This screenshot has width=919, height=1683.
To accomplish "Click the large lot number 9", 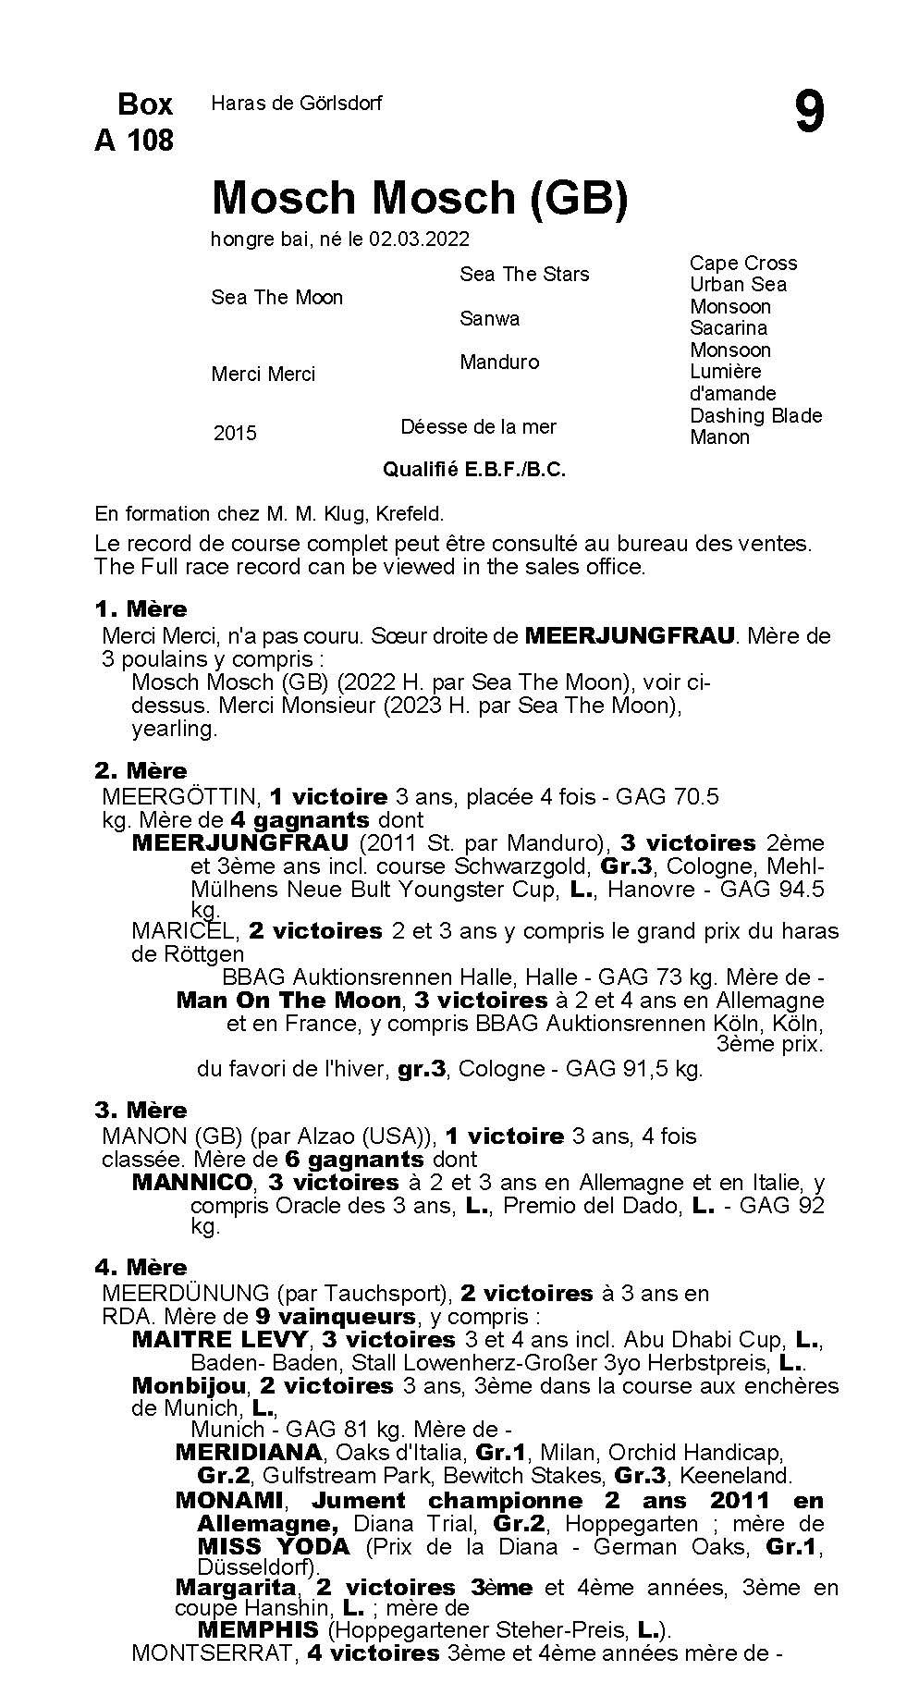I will (808, 113).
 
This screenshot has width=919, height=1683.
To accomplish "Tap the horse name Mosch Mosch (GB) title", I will (420, 197).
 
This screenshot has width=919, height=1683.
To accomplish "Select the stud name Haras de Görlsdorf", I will (296, 104).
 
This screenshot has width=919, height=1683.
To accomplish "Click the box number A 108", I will (134, 140).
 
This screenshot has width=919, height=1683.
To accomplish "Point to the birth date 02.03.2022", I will (419, 240).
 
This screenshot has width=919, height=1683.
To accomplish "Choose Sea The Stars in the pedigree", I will (524, 274).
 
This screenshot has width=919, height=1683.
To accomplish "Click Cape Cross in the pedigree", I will (743, 264).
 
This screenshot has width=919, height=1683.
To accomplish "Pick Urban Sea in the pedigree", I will (738, 285).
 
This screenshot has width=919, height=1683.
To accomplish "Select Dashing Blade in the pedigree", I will (755, 415).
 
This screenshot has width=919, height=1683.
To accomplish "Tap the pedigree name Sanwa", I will (490, 318).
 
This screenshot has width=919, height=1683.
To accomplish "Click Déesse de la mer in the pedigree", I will (478, 426).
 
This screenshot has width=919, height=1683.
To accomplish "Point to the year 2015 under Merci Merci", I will (235, 433).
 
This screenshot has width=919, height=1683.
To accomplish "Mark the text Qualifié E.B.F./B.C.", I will (474, 470).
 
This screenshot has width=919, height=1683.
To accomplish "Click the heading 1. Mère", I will (141, 608).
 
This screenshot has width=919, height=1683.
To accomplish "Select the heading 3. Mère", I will (141, 1110).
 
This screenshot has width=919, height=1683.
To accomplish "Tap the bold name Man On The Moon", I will (288, 1000).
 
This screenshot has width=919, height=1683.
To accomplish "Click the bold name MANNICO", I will (192, 1182).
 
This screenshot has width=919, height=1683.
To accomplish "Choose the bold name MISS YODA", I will (274, 1545).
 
